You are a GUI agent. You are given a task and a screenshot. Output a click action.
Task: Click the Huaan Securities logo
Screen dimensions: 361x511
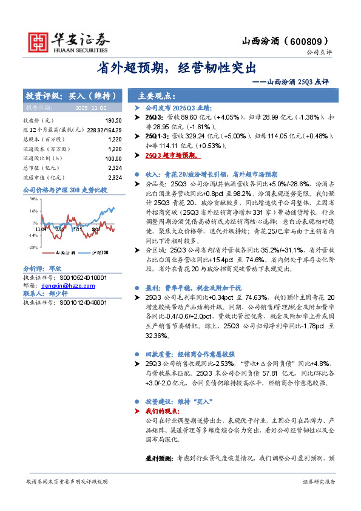69,40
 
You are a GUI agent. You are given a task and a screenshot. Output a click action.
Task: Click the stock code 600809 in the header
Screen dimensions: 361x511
311,41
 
